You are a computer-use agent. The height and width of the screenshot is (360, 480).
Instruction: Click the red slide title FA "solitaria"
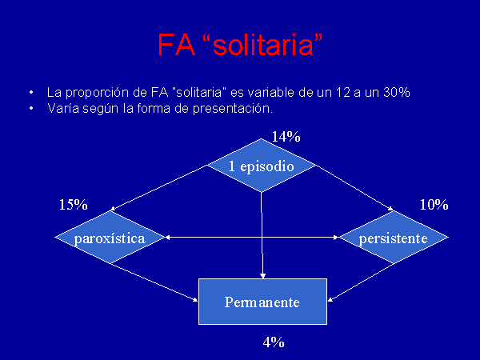(240, 45)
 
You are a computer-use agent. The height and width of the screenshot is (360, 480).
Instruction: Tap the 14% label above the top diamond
(286, 137)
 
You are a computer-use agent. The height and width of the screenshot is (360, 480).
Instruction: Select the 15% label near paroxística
(73, 205)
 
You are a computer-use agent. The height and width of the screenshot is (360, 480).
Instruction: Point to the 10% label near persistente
(434, 205)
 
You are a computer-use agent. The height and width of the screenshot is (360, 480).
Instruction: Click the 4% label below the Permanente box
(274, 342)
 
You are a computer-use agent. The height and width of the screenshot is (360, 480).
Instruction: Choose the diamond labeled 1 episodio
(261, 166)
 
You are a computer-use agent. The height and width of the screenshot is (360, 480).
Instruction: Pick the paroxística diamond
(110, 238)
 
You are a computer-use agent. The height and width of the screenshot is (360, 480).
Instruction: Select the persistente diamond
(394, 238)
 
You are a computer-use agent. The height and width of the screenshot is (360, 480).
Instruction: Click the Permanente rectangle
(262, 302)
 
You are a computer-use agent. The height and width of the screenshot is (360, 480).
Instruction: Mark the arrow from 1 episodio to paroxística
(158, 188)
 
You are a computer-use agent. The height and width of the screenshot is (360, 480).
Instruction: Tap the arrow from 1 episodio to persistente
(354, 188)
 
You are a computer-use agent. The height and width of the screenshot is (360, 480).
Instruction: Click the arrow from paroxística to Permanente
(154, 282)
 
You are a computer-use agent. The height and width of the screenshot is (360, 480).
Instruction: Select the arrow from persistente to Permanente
(361, 282)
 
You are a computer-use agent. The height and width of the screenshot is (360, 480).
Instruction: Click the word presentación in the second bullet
(233, 109)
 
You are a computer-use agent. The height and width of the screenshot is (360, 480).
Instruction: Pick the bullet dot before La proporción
(31, 92)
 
